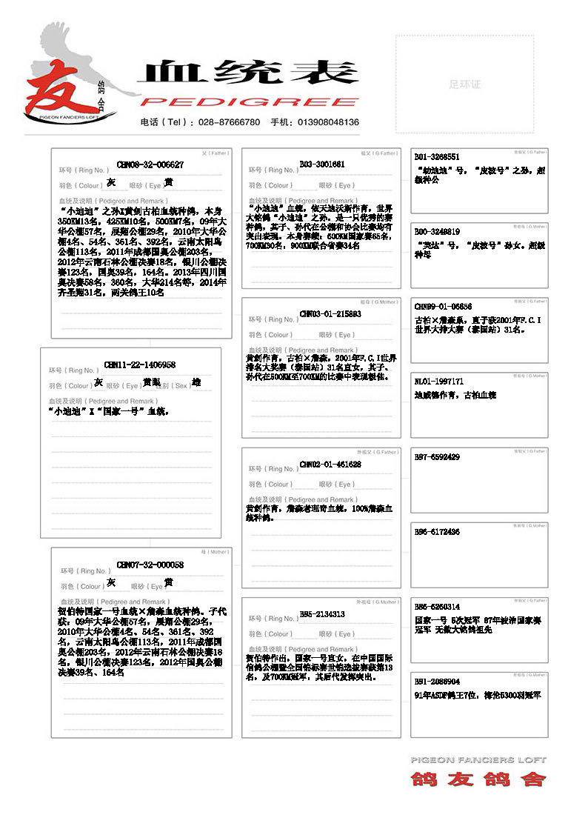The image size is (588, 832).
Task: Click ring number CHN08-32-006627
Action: pyautogui.click(x=150, y=164)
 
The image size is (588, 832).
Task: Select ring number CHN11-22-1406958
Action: pyautogui.click(x=140, y=365)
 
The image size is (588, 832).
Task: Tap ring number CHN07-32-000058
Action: pyautogui.click(x=150, y=565)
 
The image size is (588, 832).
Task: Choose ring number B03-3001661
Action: pyautogui.click(x=322, y=164)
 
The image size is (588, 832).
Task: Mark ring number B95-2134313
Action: pyautogui.click(x=322, y=613)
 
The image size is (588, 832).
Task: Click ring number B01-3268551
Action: pyautogui.click(x=437, y=157)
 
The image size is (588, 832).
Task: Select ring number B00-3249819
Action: pyautogui.click(x=437, y=231)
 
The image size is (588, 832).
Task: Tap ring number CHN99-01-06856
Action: pyautogui.click(x=443, y=306)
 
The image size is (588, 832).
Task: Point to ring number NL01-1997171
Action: pyautogui.click(x=438, y=381)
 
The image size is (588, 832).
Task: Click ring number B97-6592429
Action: pyautogui.click(x=437, y=456)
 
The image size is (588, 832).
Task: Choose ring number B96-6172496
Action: pyautogui.click(x=437, y=531)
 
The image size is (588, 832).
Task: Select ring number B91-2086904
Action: pyautogui.click(x=437, y=681)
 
